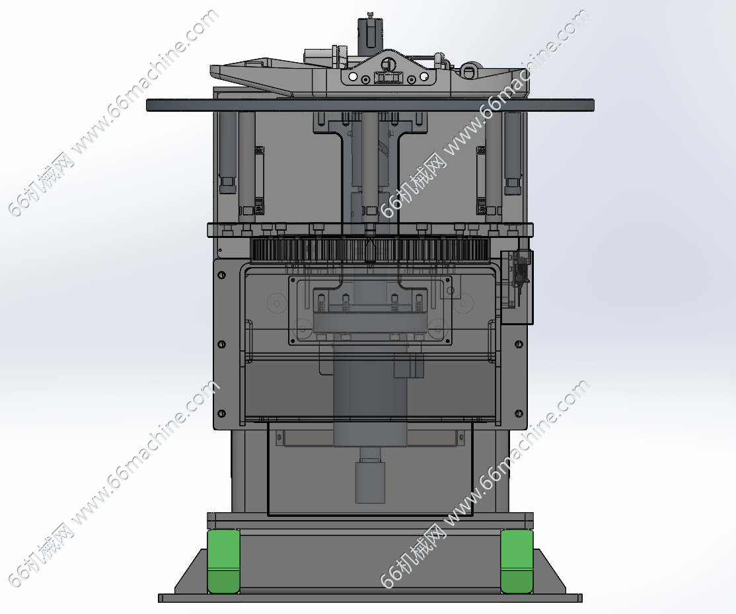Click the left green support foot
224,561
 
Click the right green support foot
517,561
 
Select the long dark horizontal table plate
370,104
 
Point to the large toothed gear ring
370,250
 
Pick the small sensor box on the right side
517,287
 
